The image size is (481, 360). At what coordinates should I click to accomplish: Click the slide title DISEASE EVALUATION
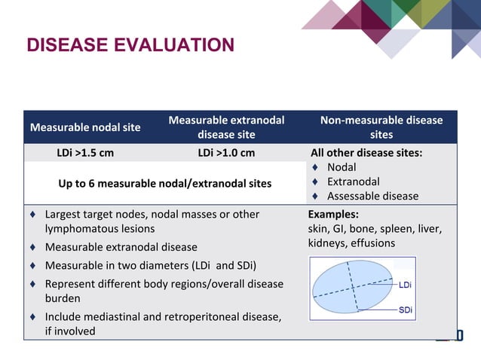[130, 46]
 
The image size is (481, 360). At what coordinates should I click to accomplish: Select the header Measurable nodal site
[85, 127]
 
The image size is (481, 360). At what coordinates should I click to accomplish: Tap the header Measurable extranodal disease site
[226, 127]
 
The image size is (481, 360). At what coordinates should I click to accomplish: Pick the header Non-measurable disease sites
[381, 127]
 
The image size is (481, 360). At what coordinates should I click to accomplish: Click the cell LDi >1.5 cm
[85, 153]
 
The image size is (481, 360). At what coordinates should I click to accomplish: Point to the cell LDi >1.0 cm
[226, 153]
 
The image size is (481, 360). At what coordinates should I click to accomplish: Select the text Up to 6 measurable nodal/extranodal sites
[166, 183]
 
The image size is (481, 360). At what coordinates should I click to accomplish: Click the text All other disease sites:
[366, 153]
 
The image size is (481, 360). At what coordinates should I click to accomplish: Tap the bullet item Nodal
[342, 167]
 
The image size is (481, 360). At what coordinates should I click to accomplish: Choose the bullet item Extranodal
[353, 182]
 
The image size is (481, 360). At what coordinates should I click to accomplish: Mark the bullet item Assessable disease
[372, 197]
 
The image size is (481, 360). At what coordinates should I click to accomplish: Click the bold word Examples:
[333, 215]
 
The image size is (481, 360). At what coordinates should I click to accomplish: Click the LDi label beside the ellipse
[405, 285]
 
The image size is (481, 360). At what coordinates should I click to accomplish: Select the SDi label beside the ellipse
[405, 310]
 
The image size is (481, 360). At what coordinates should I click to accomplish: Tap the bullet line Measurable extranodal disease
[121, 247]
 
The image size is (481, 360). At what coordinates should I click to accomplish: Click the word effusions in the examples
[370, 243]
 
